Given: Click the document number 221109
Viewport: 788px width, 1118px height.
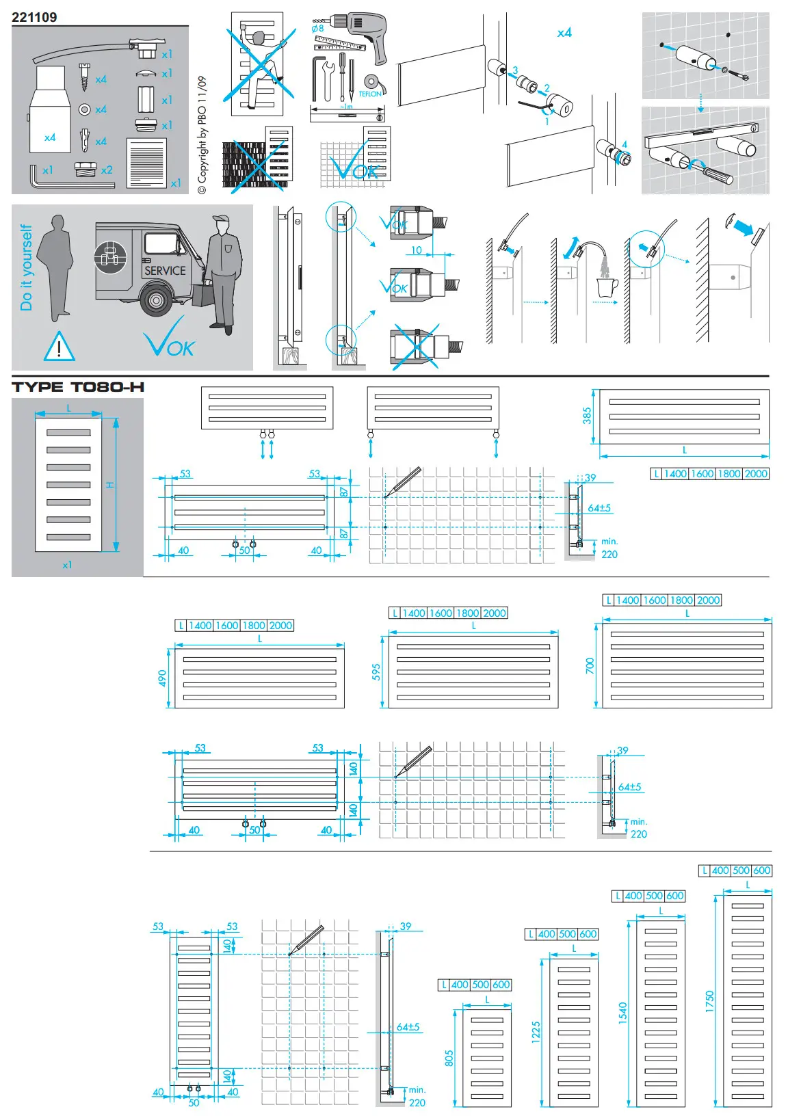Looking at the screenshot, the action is pos(34,18).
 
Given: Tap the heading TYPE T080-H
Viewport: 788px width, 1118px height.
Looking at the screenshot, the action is pos(78,387).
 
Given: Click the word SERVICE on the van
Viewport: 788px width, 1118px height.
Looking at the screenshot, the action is pos(165,271).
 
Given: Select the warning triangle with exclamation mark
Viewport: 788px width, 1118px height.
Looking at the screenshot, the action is pos(59,346).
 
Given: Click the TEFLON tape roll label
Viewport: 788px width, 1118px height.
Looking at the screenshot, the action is pos(370,94).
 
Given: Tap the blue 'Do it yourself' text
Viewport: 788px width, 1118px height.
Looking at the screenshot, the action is pos(26,267).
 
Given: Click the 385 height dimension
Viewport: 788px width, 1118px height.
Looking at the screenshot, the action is pos(587,415).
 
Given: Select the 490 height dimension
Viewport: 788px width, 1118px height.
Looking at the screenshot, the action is pos(162,678).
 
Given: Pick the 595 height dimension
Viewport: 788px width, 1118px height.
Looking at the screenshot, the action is pos(376,671).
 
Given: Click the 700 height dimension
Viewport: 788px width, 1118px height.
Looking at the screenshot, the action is pos(590,665).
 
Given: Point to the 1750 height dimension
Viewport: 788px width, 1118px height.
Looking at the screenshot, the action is pos(709,1001).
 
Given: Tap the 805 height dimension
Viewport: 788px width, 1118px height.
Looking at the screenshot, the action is pos(449,1058).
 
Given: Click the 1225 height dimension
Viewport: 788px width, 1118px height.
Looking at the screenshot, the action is pos(536,1032).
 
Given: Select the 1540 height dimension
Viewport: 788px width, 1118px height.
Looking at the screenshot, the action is pos(622,1013).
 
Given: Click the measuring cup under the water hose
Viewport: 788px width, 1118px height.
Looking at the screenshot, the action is pos(607,288).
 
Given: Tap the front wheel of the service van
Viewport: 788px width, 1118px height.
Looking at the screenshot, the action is pos(157,300).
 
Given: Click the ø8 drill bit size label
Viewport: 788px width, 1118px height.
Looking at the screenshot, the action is pos(317,29).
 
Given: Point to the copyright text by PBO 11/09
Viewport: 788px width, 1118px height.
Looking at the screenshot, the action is pos(202,135).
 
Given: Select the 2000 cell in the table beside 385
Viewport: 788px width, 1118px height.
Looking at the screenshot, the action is pos(756,474).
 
